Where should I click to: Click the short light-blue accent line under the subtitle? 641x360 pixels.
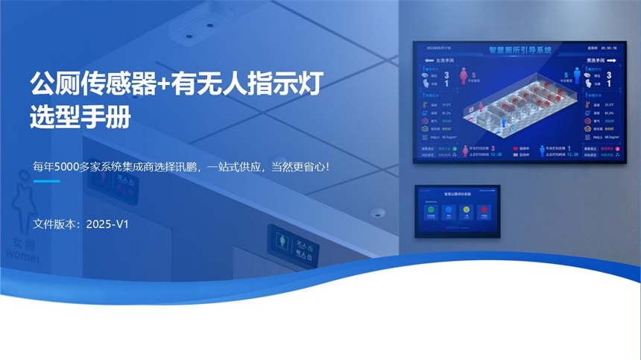click(x=46, y=181)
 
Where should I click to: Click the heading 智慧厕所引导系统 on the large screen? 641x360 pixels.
click(x=520, y=50)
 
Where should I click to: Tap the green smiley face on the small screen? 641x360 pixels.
click(x=431, y=211)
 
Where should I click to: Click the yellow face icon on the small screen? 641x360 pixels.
click(x=466, y=211)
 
